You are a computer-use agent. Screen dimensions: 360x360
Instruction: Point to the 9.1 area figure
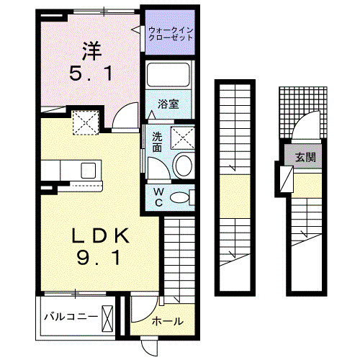pyautogui.click(x=99, y=257)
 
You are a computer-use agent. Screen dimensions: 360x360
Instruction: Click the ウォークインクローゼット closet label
pyautogui.click(x=171, y=33)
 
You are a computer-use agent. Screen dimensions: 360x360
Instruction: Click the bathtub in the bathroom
pyautogui.click(x=168, y=76)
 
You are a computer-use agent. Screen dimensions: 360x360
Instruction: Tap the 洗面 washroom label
pyautogui.click(x=156, y=142)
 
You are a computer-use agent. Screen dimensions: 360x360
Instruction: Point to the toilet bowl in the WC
pyautogui.click(x=181, y=197)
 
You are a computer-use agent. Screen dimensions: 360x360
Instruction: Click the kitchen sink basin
pyautogui.click(x=89, y=171)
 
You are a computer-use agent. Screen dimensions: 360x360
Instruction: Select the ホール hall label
pyautogui.click(x=167, y=321)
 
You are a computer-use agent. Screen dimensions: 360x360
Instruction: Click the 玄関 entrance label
pyautogui.click(x=305, y=156)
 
